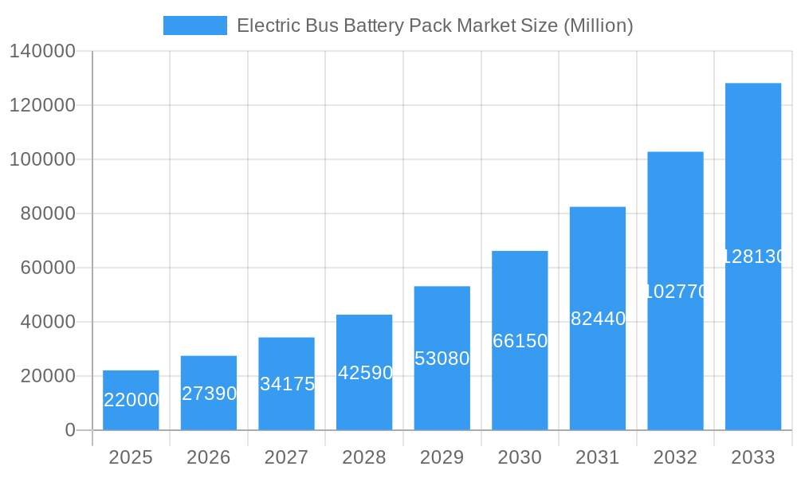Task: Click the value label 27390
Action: point(209,394)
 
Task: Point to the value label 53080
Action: point(442,358)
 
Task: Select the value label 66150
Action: point(520,341)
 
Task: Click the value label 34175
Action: point(287,384)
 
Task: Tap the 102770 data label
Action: point(675,292)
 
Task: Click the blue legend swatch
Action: point(195,25)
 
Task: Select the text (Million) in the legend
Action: point(598,25)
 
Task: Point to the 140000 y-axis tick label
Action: point(42,52)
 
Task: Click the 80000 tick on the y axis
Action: point(48,214)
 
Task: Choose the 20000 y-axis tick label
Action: point(48,376)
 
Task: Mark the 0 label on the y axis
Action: point(70,430)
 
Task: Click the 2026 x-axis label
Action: point(209,457)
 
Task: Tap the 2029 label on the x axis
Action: point(442,457)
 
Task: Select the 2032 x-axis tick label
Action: point(675,457)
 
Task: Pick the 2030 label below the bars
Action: point(520,457)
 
